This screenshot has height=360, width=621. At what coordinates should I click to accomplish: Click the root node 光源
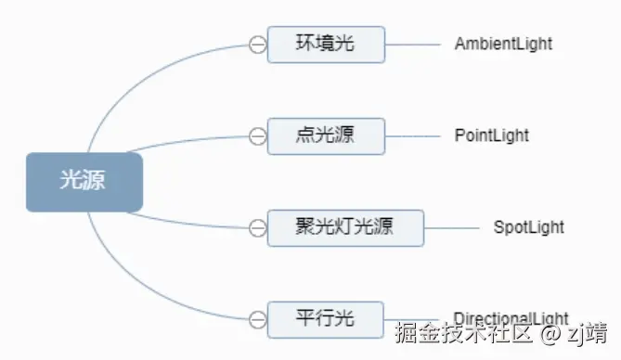pos(84,182)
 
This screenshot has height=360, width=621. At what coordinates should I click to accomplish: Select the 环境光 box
pos(326,44)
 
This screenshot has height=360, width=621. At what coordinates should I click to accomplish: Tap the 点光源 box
pos(326,135)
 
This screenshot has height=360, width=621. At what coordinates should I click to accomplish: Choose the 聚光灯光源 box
pos(345,227)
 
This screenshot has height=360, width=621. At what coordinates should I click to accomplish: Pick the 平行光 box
pos(326,319)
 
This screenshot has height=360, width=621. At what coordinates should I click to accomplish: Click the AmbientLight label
pos(503,44)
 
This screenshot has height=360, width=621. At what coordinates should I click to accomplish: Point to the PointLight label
pos(491,135)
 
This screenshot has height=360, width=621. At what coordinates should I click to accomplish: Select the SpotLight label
pos(528,227)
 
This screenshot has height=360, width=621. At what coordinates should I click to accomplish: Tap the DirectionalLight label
pos(511,317)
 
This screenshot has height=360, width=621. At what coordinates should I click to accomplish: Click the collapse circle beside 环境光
pos(257,44)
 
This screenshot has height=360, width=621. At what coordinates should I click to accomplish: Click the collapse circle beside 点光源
pos(257,135)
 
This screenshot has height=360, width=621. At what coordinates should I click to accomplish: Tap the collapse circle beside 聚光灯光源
pos(257,227)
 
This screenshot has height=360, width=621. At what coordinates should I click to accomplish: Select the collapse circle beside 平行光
pos(257,319)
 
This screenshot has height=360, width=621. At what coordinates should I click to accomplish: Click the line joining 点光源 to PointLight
pos(412,135)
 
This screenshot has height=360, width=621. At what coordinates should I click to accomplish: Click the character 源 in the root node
pos(95,182)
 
